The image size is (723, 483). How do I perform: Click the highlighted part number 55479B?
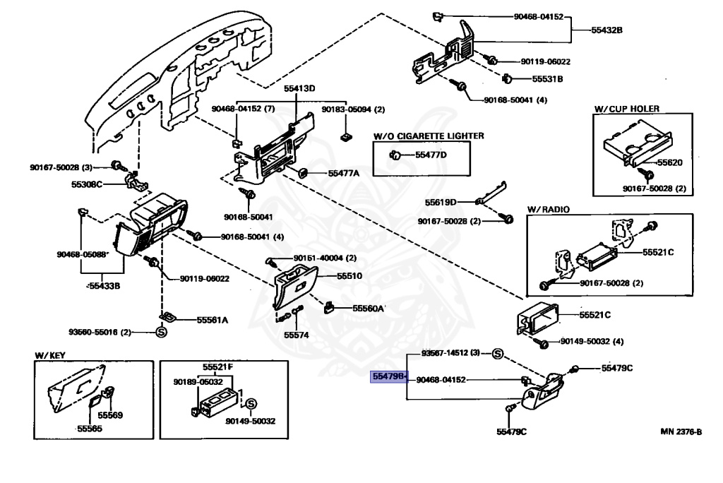coord(390,378)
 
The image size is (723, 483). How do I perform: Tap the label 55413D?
coord(299,89)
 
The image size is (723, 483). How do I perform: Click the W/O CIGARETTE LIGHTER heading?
coord(429,135)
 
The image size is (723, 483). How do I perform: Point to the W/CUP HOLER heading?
coord(626,109)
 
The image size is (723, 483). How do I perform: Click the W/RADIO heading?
coord(548,210)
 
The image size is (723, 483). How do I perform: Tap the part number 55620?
coord(670,162)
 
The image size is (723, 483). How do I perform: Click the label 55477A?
coord(344,173)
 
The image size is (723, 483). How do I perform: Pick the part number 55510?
coord(349,275)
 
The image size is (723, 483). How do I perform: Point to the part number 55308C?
coord(87,185)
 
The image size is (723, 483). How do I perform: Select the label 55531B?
coord(547,79)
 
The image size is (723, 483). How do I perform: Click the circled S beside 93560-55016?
coord(160,332)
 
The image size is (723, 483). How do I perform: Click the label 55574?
coord(297,335)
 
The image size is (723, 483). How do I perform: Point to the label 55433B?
coord(104,287)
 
